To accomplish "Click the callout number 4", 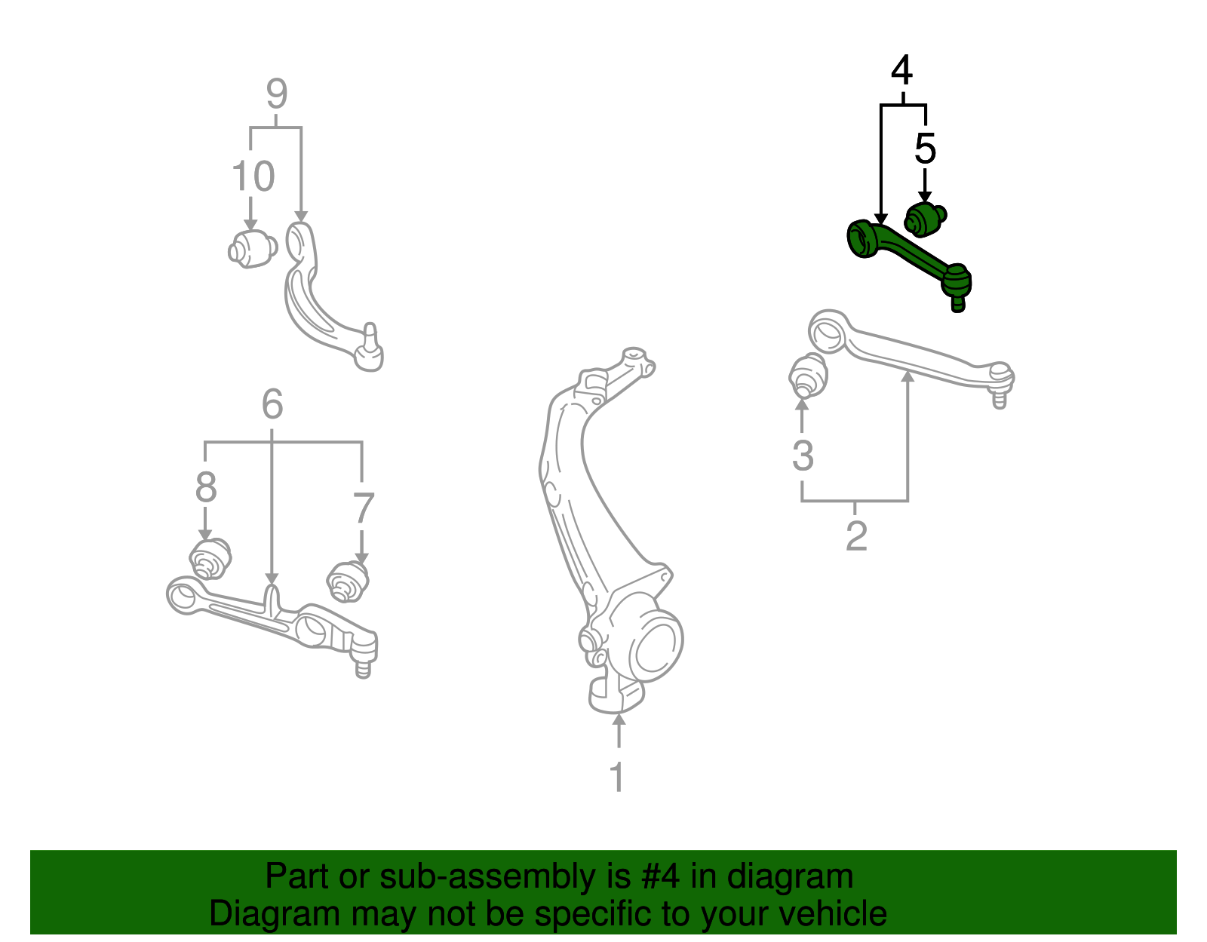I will [x=901, y=71].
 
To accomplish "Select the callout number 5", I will [x=925, y=149].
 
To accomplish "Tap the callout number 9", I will [x=277, y=94].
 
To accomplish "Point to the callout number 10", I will [x=253, y=176].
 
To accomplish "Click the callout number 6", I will [x=272, y=405].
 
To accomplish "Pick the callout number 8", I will [x=206, y=487].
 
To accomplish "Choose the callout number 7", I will [x=364, y=508].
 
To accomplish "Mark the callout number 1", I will [x=618, y=777].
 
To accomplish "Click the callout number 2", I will [x=856, y=536].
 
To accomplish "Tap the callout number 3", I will [x=803, y=456].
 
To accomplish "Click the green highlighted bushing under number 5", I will [x=924, y=219].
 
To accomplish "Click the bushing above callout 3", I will [x=808, y=376].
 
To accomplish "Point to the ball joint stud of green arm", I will [x=958, y=303].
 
